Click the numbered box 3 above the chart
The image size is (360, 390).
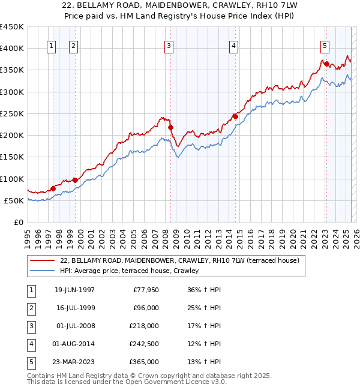tap(169, 46)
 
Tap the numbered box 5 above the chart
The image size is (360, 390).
tap(325, 46)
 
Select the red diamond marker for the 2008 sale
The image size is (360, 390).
tap(170, 128)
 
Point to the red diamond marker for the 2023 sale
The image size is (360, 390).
tap(326, 64)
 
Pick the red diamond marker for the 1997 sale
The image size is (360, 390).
tap(53, 188)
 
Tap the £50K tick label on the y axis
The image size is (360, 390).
tap(14, 200)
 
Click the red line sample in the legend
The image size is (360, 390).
tap(42, 260)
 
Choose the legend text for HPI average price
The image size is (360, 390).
tap(128, 271)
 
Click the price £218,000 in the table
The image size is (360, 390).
tap(144, 326)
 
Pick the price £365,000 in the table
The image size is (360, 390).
tap(144, 362)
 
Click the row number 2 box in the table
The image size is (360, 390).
tap(31, 308)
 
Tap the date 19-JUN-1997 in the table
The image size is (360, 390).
tap(74, 290)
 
